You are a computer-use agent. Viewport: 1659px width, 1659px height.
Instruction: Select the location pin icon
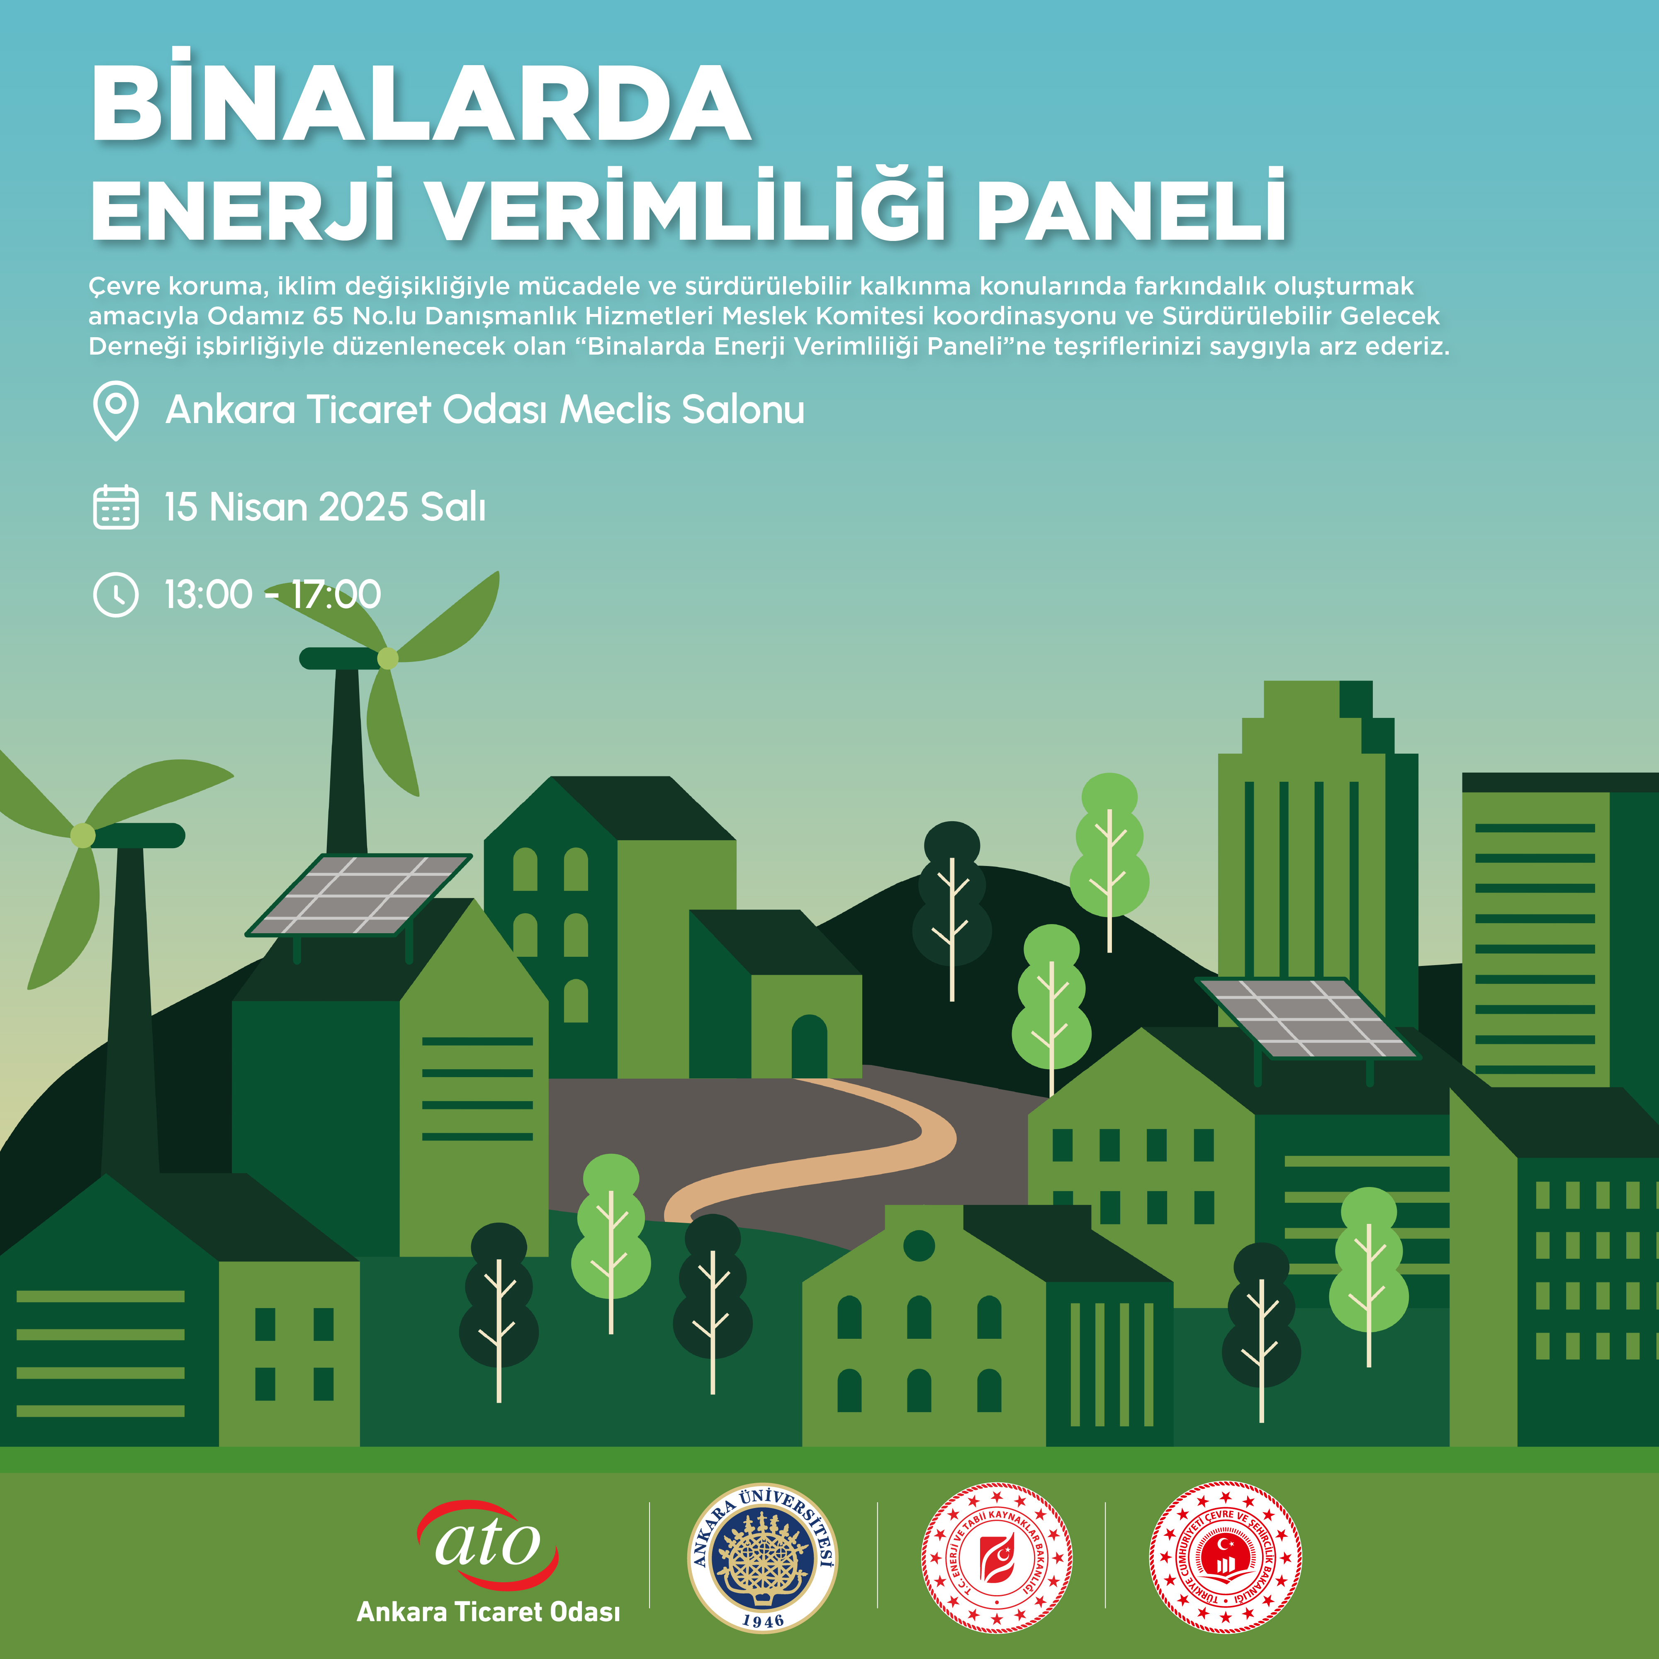(x=115, y=411)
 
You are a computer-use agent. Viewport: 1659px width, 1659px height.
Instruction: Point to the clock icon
(x=115, y=594)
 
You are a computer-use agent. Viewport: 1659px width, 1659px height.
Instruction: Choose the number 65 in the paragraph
(x=328, y=316)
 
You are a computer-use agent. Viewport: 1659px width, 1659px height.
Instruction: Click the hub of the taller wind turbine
(x=388, y=659)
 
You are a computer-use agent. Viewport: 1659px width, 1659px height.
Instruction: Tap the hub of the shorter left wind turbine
(x=83, y=834)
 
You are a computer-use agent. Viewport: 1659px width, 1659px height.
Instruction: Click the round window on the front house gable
(x=919, y=1245)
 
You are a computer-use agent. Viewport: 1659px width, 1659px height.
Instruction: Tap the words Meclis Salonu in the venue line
(x=683, y=410)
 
